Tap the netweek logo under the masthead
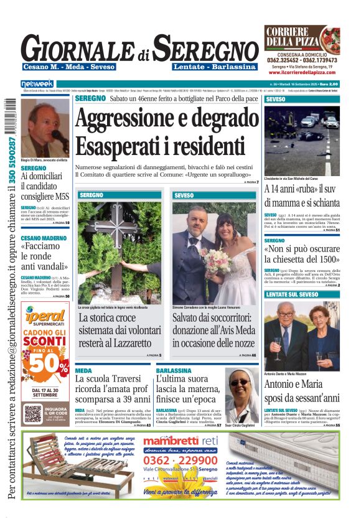tap(38, 83)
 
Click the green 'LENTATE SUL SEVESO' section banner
tap(301, 294)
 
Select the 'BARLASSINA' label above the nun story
tap(174, 370)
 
